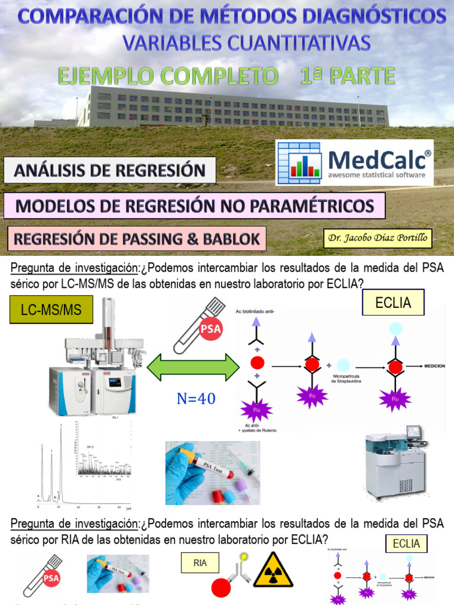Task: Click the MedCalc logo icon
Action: coord(300,161)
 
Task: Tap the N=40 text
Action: coord(196,399)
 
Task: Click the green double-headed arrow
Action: coord(193,367)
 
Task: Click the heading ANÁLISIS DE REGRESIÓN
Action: coord(109,171)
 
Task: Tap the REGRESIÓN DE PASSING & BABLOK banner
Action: coord(137,239)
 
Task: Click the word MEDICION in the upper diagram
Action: coord(433,366)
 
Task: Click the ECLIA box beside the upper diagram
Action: coord(393,304)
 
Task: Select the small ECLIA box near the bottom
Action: coord(406,544)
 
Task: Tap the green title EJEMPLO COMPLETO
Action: coord(167,76)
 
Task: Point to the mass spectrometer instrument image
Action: coord(96,360)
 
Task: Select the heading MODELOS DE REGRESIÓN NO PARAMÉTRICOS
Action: coord(194,206)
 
